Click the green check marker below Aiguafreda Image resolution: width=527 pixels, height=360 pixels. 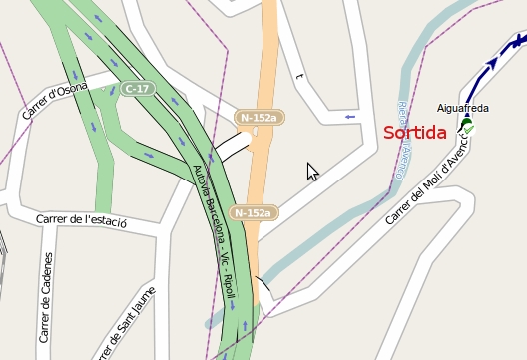[468, 129]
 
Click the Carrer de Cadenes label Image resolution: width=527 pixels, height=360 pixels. [46, 297]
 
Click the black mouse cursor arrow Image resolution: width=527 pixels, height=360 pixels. [312, 171]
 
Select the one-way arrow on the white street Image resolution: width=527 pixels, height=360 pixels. [349, 117]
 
